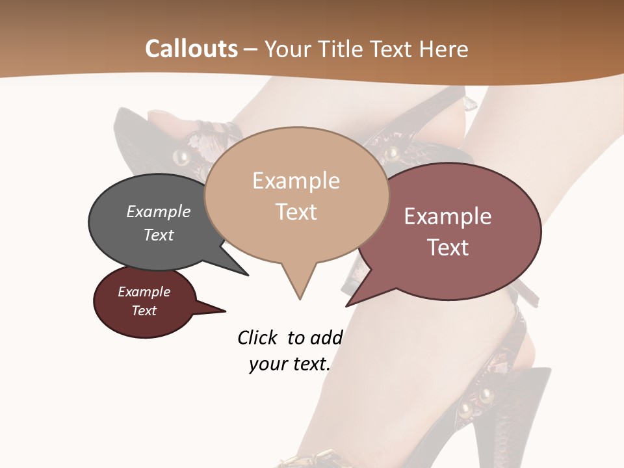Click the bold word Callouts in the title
coord(191,49)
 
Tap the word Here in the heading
coord(445,49)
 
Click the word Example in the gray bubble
coord(158,212)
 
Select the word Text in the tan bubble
coord(296,212)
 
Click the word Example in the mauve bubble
coord(448,216)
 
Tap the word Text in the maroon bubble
coord(144,311)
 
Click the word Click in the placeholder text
coord(259,338)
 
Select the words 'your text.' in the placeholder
coord(290,364)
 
